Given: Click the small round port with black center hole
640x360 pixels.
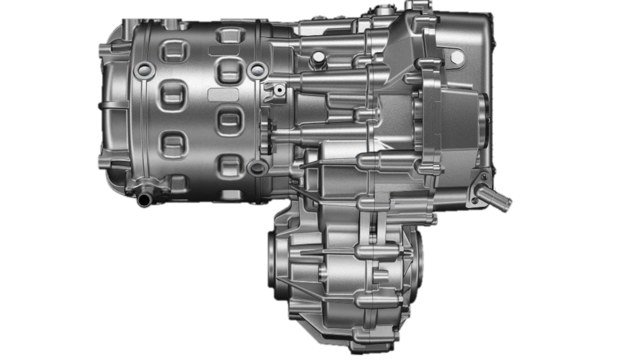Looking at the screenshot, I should pyautogui.click(x=279, y=89).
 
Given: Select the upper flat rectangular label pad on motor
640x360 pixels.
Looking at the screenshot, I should pyautogui.click(x=224, y=50).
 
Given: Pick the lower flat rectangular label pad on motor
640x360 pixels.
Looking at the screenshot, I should pyautogui.click(x=223, y=94).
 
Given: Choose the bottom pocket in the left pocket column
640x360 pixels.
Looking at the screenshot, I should pyautogui.click(x=173, y=143).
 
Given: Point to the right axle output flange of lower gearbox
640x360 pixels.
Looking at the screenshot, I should pyautogui.click(x=417, y=263).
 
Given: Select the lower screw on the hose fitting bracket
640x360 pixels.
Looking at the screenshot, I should pyautogui.click(x=475, y=200).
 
